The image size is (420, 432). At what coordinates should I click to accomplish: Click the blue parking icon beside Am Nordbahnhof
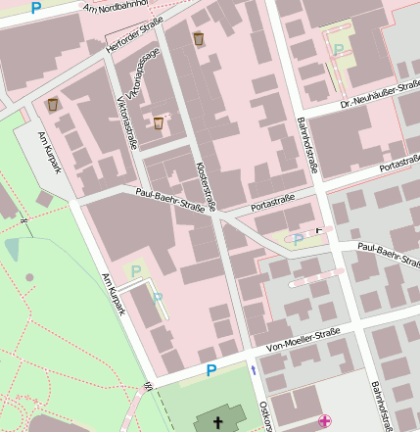tap(36, 8)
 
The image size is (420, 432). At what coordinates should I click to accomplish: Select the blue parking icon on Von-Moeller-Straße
tap(210, 370)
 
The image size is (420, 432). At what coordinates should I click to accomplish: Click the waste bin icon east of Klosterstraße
tap(199, 38)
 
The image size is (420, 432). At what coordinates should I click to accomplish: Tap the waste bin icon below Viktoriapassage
tap(159, 122)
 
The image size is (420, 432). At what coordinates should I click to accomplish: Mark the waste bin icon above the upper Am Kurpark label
tap(51, 104)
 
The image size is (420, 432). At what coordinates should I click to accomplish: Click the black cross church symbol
tap(217, 422)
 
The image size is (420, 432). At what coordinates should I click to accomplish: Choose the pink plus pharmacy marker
tap(324, 421)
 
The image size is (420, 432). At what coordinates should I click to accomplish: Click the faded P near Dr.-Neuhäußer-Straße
tap(339, 49)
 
